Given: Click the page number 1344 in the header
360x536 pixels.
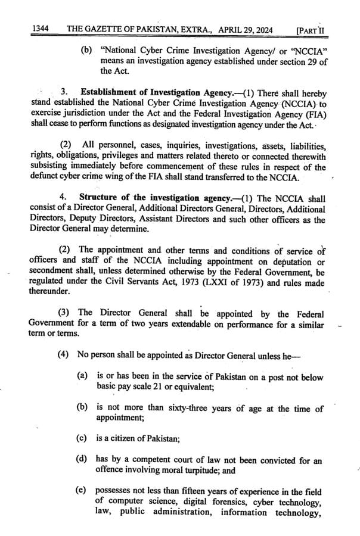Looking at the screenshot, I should coord(41,28).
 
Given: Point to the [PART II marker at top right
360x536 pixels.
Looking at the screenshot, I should coord(313,29).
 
